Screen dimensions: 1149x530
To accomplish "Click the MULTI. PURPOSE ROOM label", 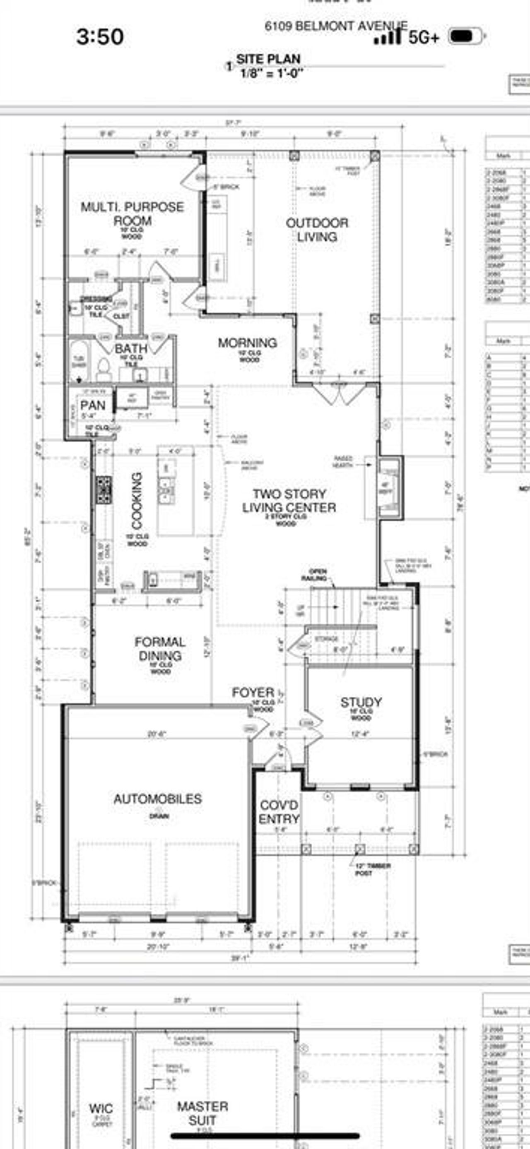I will [x=132, y=213].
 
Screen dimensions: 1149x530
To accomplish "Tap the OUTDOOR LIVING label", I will [x=317, y=230].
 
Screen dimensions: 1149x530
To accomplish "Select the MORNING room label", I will [x=247, y=343].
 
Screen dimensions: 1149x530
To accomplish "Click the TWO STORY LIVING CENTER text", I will [x=289, y=501].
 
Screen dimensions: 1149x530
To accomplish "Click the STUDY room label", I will [x=361, y=703].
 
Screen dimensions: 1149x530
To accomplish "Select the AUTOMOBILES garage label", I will [x=158, y=799].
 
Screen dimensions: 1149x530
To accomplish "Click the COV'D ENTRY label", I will [x=279, y=812].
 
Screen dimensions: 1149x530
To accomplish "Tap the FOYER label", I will [x=253, y=693].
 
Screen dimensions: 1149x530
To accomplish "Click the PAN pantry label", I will [x=93, y=405].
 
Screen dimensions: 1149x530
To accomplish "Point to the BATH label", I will [x=131, y=348].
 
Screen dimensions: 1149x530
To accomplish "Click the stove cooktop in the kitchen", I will [x=104, y=490].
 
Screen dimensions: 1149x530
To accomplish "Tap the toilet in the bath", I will [x=104, y=369].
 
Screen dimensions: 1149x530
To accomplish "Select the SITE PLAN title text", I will [x=268, y=59].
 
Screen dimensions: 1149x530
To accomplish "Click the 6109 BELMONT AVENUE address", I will [x=336, y=26].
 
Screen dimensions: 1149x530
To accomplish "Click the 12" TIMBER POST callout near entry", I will [x=372, y=869].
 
